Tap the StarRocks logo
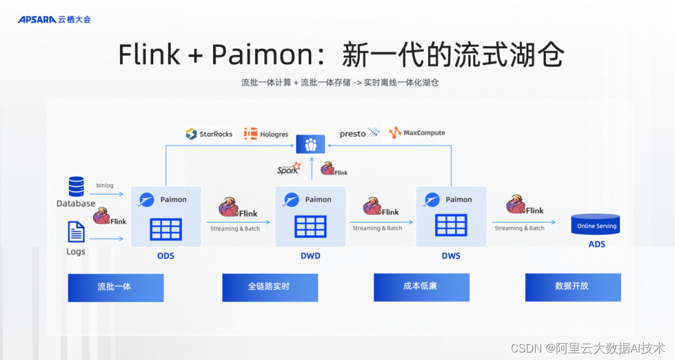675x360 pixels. pyautogui.click(x=209, y=134)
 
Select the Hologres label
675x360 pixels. pyautogui.click(x=274, y=134)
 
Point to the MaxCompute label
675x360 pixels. pyautogui.click(x=424, y=132)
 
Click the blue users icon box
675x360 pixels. pyautogui.click(x=311, y=145)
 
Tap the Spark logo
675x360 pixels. pyautogui.click(x=288, y=168)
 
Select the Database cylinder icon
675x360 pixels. pyautogui.click(x=76, y=186)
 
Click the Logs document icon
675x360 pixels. pyautogui.click(x=76, y=232)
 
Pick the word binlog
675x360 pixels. pyautogui.click(x=104, y=185)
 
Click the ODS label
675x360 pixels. pyautogui.click(x=166, y=256)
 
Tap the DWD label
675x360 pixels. pyautogui.click(x=311, y=256)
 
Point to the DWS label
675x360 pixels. pyautogui.click(x=451, y=256)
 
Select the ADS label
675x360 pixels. pyautogui.click(x=597, y=244)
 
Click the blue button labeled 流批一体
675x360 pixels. pyautogui.click(x=116, y=287)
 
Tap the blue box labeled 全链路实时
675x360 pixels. pyautogui.click(x=270, y=287)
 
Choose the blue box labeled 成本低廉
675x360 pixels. pyautogui.click(x=421, y=287)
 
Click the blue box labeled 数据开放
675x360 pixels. pyautogui.click(x=573, y=287)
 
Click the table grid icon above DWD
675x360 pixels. pyautogui.click(x=311, y=226)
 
